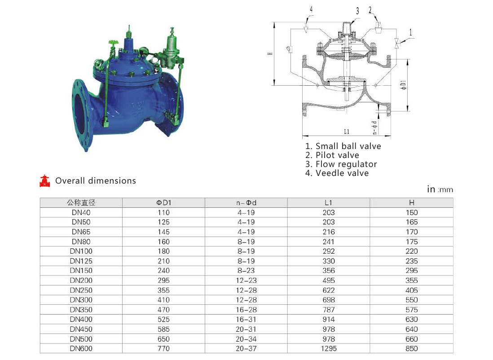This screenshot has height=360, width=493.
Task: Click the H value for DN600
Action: tap(412, 348)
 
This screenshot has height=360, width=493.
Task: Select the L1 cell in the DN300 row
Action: tap(329, 300)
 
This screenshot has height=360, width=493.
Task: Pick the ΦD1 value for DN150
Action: tap(163, 271)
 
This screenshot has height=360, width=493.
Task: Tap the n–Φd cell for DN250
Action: tap(246, 290)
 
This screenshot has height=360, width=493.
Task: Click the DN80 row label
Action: tap(81, 242)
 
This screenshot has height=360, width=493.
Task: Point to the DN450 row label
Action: tap(81, 329)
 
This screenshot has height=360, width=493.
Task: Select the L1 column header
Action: tap(329, 203)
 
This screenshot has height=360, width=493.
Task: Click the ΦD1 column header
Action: tap(163, 203)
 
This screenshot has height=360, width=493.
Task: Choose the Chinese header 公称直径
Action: tap(81, 203)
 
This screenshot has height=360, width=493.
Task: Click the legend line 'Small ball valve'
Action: tap(343, 146)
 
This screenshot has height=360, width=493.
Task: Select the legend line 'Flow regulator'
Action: tap(341, 164)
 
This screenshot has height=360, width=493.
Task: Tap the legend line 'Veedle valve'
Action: tap(337, 173)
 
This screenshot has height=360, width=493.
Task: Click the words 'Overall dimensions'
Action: tap(96, 181)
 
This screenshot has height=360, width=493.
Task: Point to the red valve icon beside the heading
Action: tap(44, 181)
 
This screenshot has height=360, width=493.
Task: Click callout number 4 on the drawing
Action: tap(311, 9)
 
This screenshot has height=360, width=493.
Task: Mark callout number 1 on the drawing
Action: tap(411, 32)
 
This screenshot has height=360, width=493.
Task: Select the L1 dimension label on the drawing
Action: tap(347, 132)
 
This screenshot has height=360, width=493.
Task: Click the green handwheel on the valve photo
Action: tap(113, 43)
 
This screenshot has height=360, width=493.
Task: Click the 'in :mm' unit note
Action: tap(440, 189)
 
